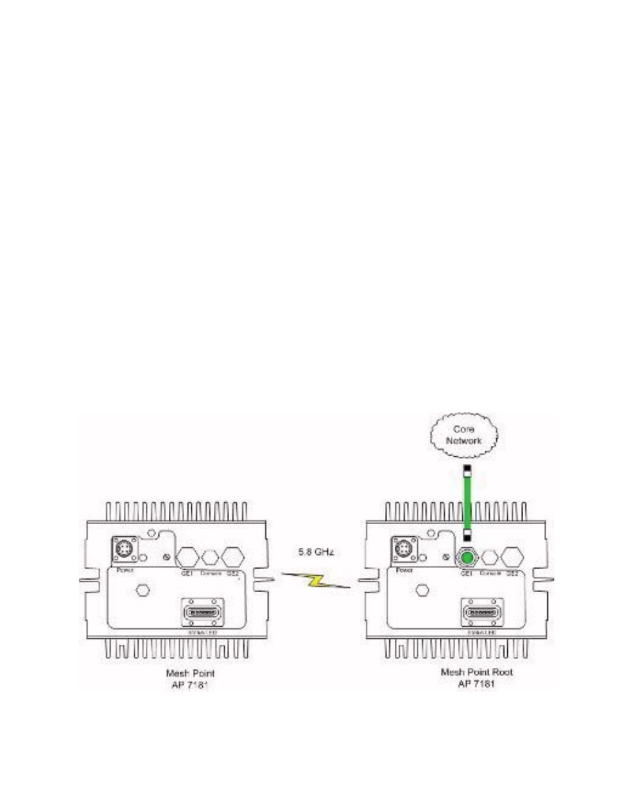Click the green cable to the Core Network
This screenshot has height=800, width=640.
(x=468, y=500)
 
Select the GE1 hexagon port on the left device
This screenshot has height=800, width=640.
(x=188, y=556)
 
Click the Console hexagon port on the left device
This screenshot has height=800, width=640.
(x=211, y=557)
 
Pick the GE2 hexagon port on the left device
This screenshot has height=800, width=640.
(x=232, y=556)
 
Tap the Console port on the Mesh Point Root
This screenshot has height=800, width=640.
(x=490, y=557)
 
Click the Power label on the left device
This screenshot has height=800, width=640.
(x=122, y=570)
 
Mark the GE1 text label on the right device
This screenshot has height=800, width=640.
(x=467, y=572)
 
